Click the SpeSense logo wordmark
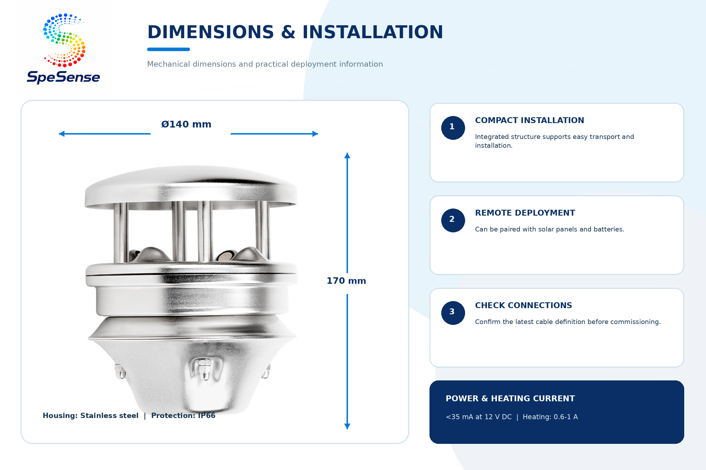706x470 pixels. click(63, 77)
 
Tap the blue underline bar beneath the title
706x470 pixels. click(168, 49)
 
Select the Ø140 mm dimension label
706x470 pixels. click(187, 124)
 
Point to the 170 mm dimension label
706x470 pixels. click(347, 281)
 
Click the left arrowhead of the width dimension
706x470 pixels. click(61, 134)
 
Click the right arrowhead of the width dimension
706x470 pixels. click(315, 134)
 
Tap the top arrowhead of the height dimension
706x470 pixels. click(347, 156)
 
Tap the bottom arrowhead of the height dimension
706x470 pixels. click(347, 426)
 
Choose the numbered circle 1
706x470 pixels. click(453, 128)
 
